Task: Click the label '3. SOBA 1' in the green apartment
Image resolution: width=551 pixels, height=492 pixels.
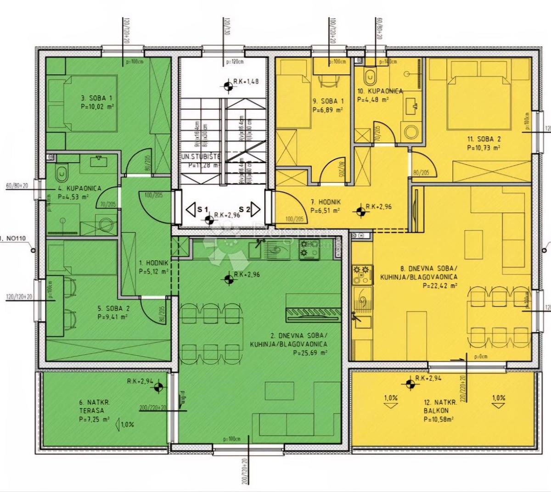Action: point(96,98)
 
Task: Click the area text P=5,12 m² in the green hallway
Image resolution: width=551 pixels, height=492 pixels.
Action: point(154,271)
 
